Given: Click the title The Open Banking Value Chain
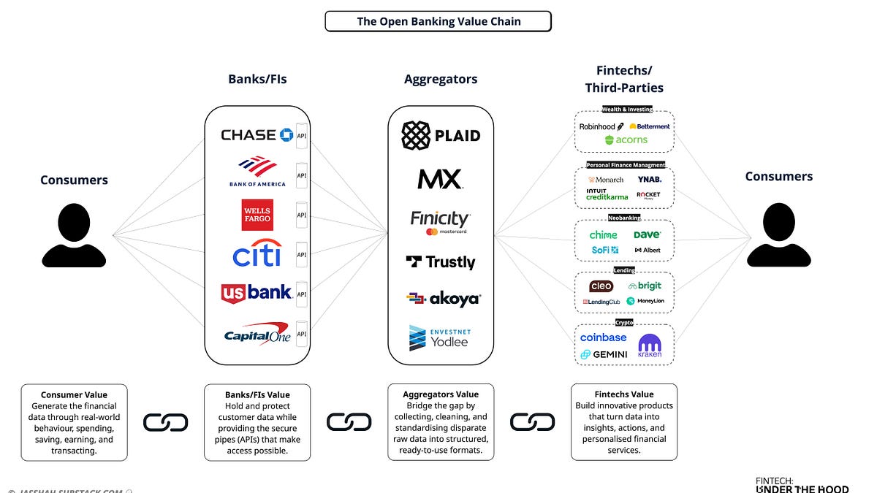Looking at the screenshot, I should (437, 21).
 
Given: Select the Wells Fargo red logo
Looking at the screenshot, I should (257, 215).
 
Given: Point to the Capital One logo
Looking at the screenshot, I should (257, 334).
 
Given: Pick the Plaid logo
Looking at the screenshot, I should (441, 135).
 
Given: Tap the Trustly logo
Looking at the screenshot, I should (440, 261).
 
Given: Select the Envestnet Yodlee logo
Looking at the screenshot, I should (440, 337).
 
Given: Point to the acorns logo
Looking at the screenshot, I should (626, 140).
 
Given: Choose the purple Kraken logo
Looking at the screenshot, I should (649, 345).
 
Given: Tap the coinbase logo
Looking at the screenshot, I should (603, 337).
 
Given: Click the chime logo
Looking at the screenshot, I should (604, 234).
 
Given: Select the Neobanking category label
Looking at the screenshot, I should (624, 217).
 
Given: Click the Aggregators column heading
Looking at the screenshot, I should (440, 79).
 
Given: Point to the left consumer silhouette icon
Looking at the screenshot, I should (74, 234).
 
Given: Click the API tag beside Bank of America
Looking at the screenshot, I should (300, 175).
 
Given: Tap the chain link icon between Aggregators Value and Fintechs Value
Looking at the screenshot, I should (532, 421).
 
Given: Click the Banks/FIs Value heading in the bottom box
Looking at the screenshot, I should (257, 395).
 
